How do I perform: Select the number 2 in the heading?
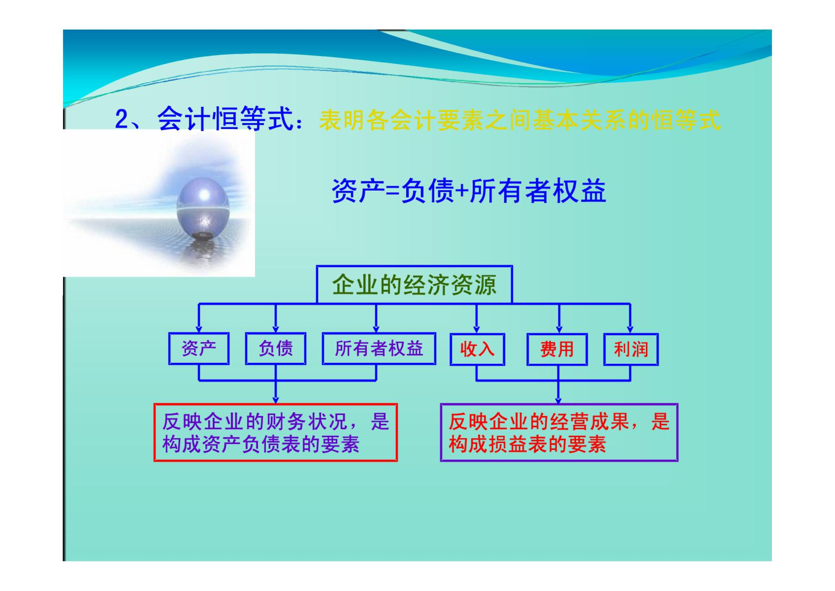pos(121,119)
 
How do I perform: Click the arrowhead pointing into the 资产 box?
pos(199,330)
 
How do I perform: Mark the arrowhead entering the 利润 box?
pos(630,330)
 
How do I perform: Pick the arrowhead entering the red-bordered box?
pos(275,400)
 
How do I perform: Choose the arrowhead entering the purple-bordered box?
pos(558,400)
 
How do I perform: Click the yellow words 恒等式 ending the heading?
pos(686,120)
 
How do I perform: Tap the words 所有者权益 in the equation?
pos(538,191)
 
